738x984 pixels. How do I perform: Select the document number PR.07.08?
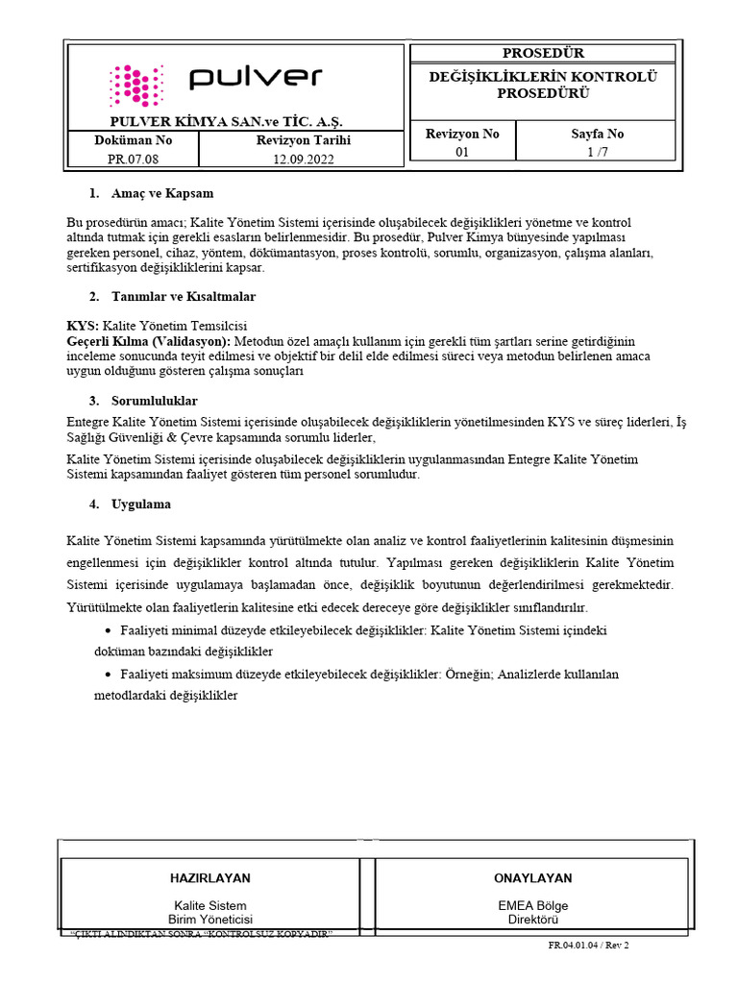click(133, 160)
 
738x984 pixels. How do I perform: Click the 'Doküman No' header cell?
click(133, 140)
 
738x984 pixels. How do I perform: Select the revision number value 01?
click(462, 152)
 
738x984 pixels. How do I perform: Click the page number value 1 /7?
click(598, 152)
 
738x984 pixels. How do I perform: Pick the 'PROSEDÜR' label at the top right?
click(543, 53)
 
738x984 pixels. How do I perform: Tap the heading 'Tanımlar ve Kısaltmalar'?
click(184, 296)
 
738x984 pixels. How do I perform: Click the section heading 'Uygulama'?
click(142, 504)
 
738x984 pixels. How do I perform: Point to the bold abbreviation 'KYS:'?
click(83, 325)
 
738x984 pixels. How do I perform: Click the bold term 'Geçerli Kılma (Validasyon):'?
click(148, 341)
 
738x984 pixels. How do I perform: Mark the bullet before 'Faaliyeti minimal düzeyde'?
click(107, 630)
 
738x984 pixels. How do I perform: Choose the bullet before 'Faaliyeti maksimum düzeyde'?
click(107, 675)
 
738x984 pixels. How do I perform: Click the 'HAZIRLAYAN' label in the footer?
click(209, 878)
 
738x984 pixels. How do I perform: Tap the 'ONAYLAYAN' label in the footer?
click(532, 878)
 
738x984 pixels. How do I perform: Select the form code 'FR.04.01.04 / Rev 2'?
click(588, 946)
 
